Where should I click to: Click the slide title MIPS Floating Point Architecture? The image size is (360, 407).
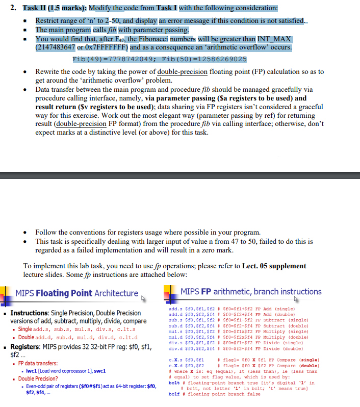pyautogui.click(x=77, y=293)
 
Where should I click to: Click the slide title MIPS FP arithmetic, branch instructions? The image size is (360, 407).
pyautogui.click(x=251, y=292)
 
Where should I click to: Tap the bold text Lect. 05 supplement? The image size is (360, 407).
pyautogui.click(x=277, y=266)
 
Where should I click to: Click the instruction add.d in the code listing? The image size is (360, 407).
pyautogui.click(x=175, y=315)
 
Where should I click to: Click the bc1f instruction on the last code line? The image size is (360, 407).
pyautogui.click(x=174, y=394)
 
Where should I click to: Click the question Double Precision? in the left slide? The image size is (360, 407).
pyautogui.click(x=38, y=379)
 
